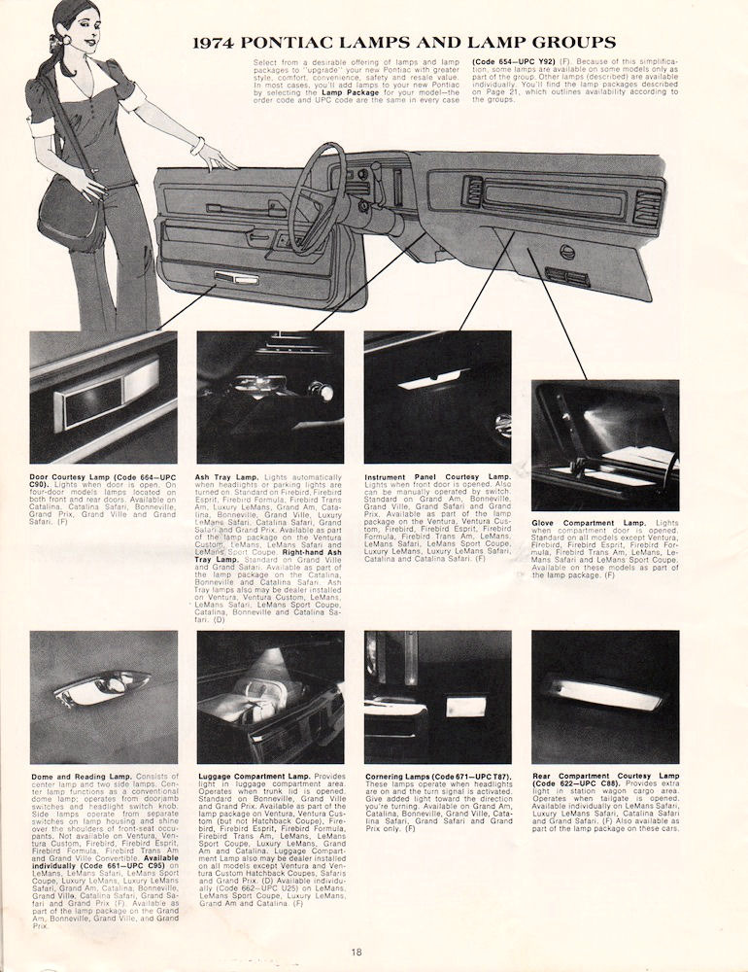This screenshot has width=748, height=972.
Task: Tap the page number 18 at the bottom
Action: (x=358, y=952)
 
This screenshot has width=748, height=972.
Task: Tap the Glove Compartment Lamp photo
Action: (x=604, y=444)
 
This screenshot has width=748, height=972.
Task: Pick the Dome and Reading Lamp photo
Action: (x=103, y=697)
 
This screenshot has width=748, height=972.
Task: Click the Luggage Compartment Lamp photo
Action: (x=269, y=697)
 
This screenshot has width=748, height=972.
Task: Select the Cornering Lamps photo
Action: (x=437, y=697)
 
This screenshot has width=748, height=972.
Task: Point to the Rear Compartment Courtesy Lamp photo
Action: (x=604, y=697)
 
